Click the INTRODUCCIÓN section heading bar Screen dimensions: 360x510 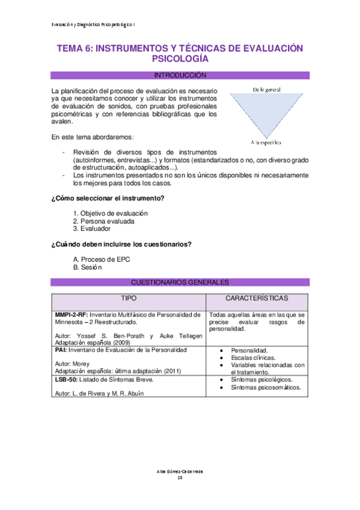click(180, 76)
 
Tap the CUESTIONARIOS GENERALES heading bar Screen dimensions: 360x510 click(180, 282)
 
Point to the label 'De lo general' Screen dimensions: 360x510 click(267, 89)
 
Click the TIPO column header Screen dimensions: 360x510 click(129, 298)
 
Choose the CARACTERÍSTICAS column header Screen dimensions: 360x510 click(257, 298)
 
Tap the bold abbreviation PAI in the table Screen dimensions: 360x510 click(60, 350)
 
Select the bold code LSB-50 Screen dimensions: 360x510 click(66, 380)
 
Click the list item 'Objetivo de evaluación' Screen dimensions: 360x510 click(110, 214)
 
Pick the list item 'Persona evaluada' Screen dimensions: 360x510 click(103, 221)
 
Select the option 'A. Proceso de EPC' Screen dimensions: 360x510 click(101, 259)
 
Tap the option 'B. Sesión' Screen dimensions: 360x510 click(88, 267)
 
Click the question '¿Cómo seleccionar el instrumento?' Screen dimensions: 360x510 click(108, 198)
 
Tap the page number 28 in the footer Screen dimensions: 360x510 click(180, 478)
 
